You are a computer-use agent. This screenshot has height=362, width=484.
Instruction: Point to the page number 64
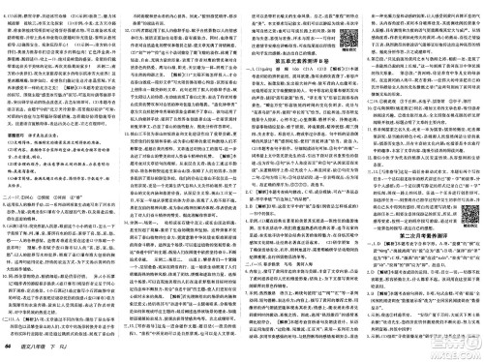pos(10,352)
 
